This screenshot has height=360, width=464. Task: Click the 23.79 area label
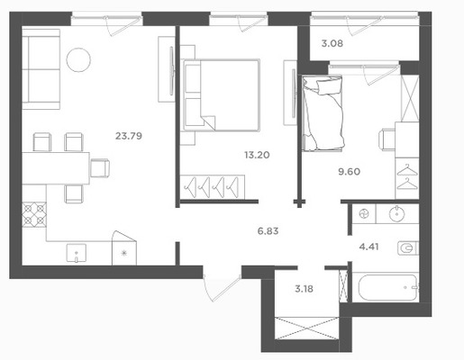pyautogui.click(x=129, y=136)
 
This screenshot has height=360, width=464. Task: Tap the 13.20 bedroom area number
pyautogui.click(x=257, y=155)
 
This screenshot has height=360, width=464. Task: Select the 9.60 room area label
pyautogui.click(x=349, y=172)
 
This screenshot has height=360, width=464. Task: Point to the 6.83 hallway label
pyautogui.click(x=268, y=231)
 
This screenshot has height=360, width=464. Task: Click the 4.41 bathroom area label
pyautogui.click(x=368, y=247)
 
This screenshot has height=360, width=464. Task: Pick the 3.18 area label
pyautogui.click(x=304, y=289)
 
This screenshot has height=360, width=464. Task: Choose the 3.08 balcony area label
pyautogui.click(x=332, y=43)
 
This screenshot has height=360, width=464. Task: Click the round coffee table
pyautogui.click(x=78, y=60)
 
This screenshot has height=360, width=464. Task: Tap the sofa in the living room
pyautogui.click(x=41, y=69)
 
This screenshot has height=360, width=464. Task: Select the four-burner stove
pyautogui.click(x=34, y=214)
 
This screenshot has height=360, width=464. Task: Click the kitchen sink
pyautogui.click(x=77, y=254)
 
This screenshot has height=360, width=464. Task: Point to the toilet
pyautogui.click(x=408, y=248)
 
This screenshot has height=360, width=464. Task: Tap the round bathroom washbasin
pyautogui.click(x=397, y=214)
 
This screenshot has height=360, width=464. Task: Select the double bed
pyautogui.click(x=222, y=95)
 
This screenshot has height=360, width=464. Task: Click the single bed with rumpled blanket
pyautogui.click(x=323, y=112)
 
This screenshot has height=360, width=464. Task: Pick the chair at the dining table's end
pyautogui.click(x=100, y=168)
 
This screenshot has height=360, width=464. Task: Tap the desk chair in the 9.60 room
pyautogui.click(x=387, y=139)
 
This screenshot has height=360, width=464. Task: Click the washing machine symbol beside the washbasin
pyautogui.click(x=364, y=214)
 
